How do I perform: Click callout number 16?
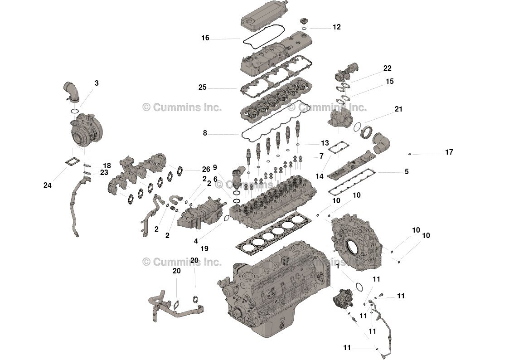coord(205,38)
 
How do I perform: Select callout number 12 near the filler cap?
coord(336,27)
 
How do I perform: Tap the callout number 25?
coord(202,88)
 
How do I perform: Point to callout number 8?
coord(205,133)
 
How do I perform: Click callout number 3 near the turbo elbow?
coord(97,83)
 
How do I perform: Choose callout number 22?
coord(387,68)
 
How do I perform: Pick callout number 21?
coord(398,109)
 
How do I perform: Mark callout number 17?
coord(449,152)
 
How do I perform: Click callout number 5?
coord(407,171)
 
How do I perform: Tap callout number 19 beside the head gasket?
coord(204,248)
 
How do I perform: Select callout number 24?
coord(48,185)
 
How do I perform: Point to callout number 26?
coord(206,170)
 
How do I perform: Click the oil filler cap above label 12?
coord(305,21)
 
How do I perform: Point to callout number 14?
coord(320,176)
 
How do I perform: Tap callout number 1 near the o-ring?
coord(338,267)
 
